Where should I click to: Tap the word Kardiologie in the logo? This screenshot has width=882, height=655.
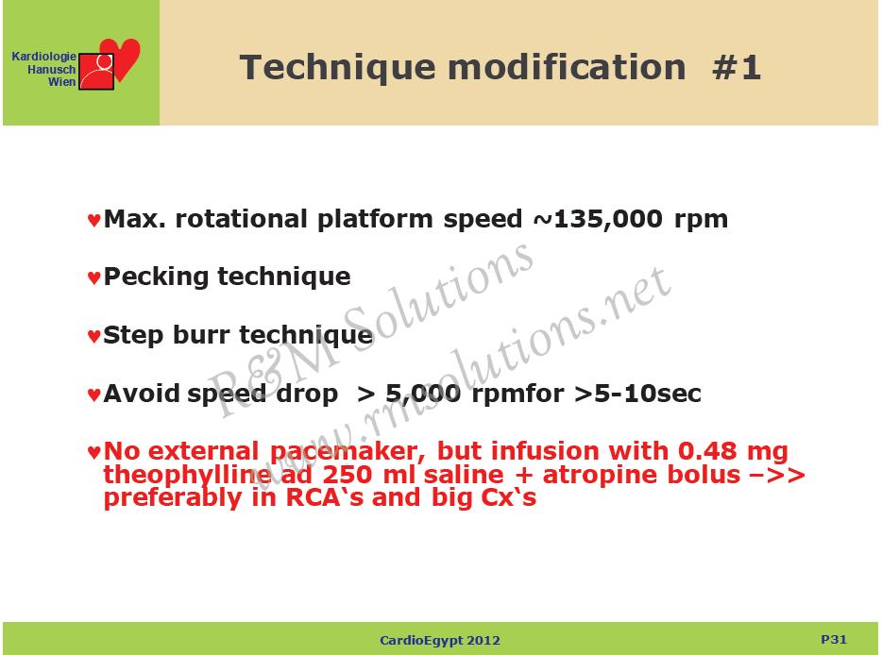43,57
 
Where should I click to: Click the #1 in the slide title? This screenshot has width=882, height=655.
737,67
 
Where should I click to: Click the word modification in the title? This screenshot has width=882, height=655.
567,67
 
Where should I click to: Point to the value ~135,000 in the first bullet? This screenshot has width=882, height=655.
598,219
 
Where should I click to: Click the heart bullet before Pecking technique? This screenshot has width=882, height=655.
93,277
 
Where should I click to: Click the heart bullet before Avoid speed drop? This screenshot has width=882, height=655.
93,395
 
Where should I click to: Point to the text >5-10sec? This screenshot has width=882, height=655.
637,393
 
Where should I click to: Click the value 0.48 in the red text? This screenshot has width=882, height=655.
707,451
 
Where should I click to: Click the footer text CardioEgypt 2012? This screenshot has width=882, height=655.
440,641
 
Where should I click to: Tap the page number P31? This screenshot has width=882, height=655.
834,639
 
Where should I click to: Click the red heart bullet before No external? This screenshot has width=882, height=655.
93,452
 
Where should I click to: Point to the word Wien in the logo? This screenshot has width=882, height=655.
62,82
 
